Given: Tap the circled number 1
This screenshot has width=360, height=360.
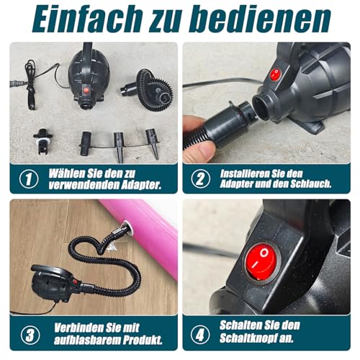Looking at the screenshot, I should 28,179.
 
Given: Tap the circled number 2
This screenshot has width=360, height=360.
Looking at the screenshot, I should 201,179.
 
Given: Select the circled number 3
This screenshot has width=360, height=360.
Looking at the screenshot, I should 28,334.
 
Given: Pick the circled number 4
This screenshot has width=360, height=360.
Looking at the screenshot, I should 201,334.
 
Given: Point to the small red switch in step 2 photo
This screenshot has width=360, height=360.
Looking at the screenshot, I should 275,74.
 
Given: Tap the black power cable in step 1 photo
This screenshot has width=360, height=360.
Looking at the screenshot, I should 32,79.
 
